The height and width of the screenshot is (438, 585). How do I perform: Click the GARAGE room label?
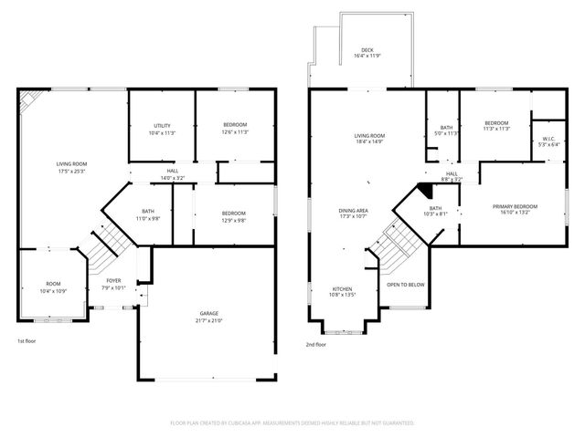point(210,312)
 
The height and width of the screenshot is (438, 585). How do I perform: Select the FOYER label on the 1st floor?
point(113,281)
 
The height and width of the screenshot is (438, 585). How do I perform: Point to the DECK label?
point(367,50)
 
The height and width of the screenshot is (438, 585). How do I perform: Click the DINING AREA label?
point(354,211)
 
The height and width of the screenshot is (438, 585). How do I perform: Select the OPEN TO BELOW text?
point(405,285)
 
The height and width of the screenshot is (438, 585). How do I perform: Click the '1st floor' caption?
point(27,341)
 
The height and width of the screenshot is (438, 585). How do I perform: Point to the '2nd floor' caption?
point(316,345)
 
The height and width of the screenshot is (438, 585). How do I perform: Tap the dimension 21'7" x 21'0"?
point(210,321)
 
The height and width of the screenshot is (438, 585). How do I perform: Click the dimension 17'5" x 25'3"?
point(70,170)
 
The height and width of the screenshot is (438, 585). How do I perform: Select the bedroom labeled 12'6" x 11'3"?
point(235,128)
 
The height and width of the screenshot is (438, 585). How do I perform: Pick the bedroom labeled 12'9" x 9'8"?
point(234,216)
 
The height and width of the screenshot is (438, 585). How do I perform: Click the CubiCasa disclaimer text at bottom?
point(292,423)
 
